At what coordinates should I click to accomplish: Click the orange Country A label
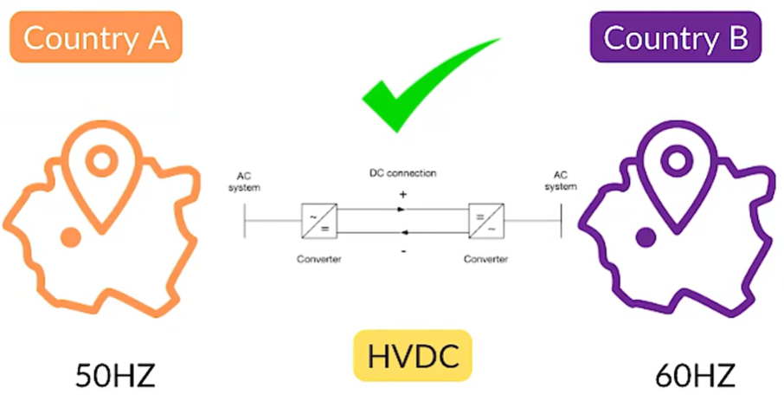[95, 36]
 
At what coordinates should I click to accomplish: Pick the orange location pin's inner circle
[101, 160]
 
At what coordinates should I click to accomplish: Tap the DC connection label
[402, 173]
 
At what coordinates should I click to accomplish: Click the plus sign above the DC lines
[402, 196]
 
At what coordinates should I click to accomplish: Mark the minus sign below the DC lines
[402, 250]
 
